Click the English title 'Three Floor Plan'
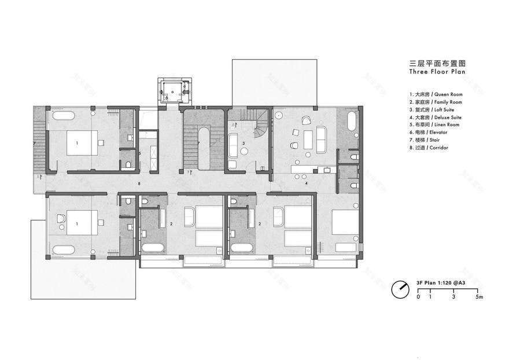[437, 72]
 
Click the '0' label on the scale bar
[418, 297]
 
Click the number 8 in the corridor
[139, 183]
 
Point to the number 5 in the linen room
[139, 153]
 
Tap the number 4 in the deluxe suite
[307, 183]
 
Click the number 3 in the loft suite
[244, 143]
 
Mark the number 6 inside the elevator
[167, 98]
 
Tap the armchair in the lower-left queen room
[62, 219]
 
